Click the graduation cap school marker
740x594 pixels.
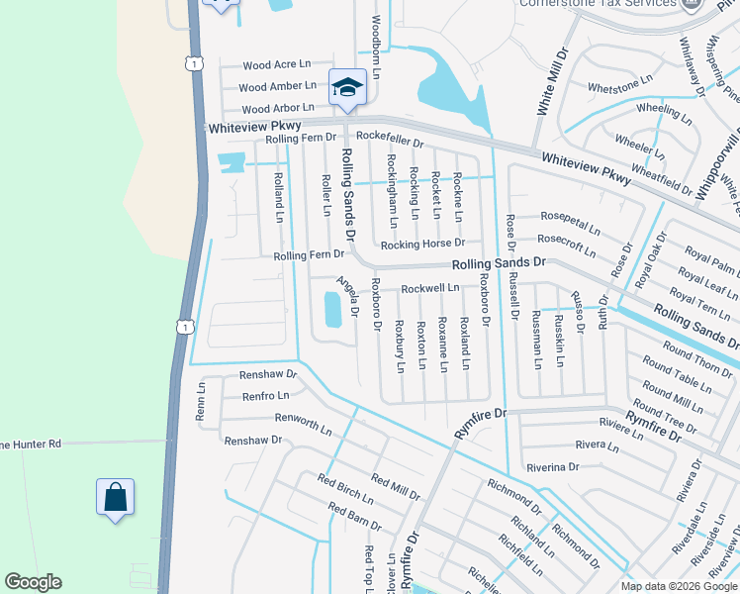[347, 88]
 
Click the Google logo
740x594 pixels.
[33, 582]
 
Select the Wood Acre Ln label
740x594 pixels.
[270, 65]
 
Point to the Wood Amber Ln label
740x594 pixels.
[278, 87]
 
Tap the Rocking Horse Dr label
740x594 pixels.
[423, 244]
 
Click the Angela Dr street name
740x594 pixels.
[346, 298]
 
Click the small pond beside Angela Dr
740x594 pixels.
[331, 310]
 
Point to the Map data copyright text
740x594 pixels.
[679, 586]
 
